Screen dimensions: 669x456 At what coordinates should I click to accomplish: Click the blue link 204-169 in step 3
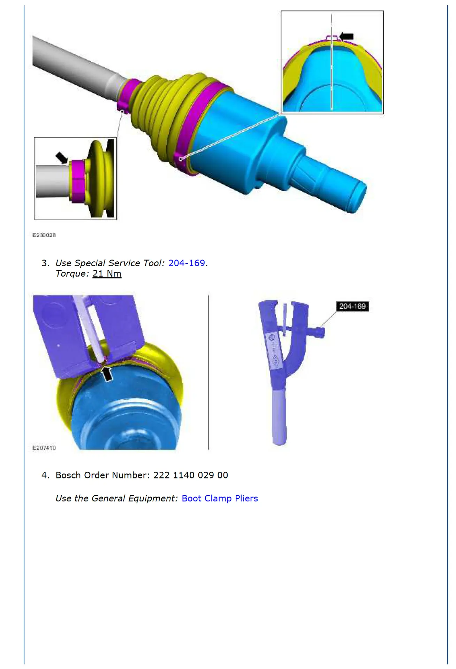187,263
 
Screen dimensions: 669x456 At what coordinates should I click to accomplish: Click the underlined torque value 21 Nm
107,274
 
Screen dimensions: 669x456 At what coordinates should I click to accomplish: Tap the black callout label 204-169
352,306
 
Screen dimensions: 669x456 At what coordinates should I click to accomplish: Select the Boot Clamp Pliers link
220,498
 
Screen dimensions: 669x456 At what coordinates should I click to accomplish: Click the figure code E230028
44,235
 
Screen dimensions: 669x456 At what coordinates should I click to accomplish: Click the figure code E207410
44,448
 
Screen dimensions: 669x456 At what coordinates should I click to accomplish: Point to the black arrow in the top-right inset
347,36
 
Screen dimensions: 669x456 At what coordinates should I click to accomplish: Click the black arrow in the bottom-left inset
62,157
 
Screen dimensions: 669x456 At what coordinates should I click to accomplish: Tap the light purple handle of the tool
279,418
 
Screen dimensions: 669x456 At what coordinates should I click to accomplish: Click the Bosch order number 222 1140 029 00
190,475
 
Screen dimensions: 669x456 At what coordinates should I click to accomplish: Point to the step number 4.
45,475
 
